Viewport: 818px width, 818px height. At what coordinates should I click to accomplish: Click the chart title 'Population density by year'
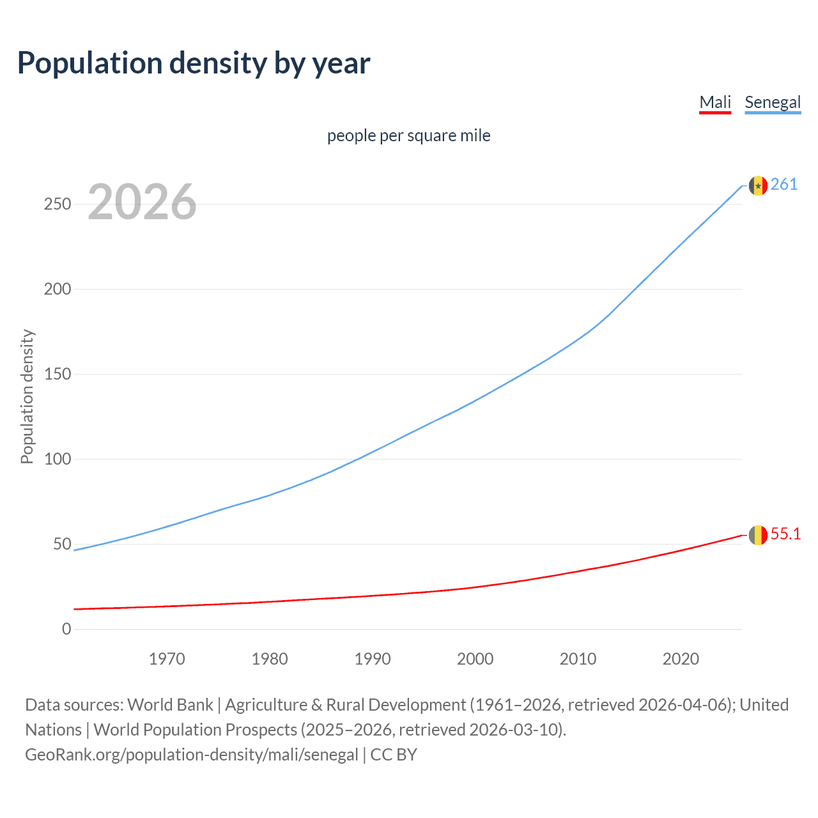pos(194,63)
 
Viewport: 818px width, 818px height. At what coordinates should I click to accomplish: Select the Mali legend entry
pos(715,102)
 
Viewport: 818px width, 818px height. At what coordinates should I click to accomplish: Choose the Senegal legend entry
pos(773,102)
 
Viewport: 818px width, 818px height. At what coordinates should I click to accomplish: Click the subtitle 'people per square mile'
pos(408,136)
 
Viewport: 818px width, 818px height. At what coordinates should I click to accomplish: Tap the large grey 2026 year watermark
pos(142,202)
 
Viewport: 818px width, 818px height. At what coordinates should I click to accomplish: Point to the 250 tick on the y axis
pos(58,204)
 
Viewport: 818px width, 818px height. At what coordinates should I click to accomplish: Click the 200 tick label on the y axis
pos(58,289)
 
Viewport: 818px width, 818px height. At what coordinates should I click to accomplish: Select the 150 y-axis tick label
pos(58,374)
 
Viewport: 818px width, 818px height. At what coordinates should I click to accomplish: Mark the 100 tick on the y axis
pos(58,459)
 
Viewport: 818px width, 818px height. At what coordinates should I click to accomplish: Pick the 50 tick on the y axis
pos(62,544)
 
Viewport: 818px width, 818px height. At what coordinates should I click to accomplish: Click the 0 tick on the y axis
pos(66,629)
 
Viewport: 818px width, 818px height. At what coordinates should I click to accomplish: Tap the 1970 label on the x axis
pos(167,659)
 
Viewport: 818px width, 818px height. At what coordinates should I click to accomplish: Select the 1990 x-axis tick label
pos(373,659)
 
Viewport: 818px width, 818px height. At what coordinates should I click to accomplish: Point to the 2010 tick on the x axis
pos(578,659)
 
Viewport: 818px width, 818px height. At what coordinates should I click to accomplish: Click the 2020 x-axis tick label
pos(681,659)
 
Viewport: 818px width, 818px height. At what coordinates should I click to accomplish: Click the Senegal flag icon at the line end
pos(758,185)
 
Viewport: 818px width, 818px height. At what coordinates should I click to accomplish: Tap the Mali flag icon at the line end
pos(758,535)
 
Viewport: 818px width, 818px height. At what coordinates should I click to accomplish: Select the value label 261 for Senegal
pos(784,185)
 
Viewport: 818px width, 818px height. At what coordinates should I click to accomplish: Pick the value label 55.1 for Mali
pos(785,534)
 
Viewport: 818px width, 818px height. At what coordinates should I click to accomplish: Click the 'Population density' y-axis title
pos(27,396)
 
